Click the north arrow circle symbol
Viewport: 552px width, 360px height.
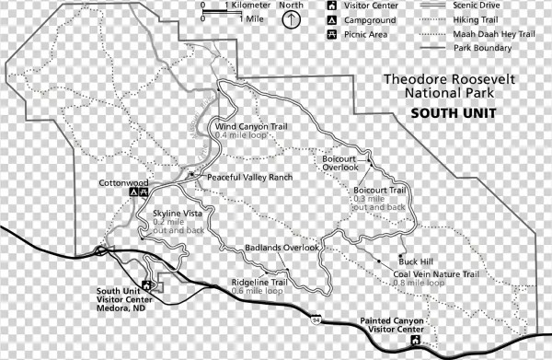click(292, 21)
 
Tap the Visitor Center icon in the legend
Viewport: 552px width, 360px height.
click(330, 6)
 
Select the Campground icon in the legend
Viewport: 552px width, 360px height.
click(330, 20)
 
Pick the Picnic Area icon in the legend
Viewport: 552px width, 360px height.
click(330, 35)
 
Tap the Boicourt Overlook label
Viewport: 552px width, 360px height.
click(339, 163)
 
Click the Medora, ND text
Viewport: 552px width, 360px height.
click(126, 308)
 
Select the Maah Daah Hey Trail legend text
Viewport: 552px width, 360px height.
click(500, 35)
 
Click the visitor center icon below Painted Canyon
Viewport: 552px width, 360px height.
click(415, 341)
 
